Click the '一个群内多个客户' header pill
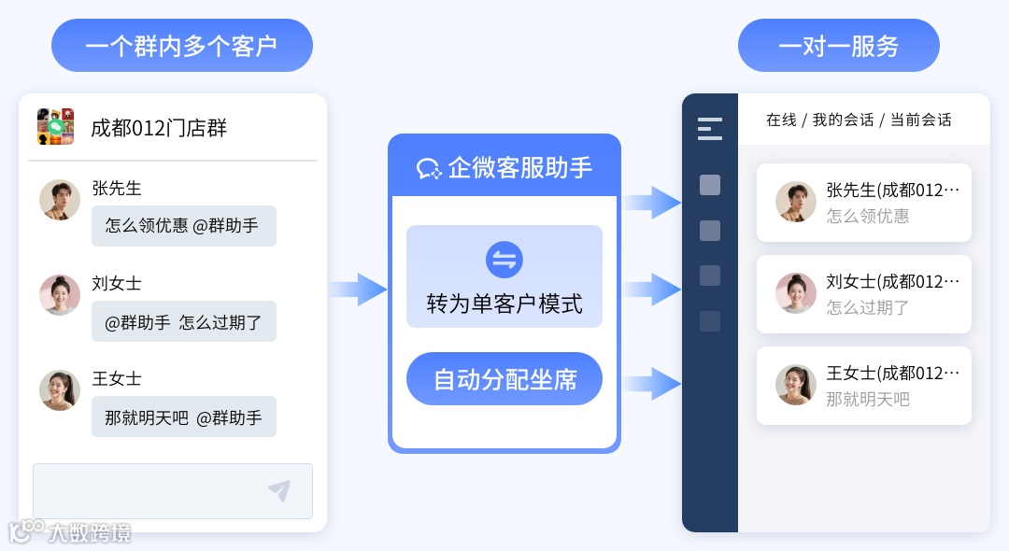[181, 46]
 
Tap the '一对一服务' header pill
[838, 46]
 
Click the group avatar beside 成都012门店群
[56, 127]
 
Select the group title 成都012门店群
[159, 127]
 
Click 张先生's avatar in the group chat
[60, 200]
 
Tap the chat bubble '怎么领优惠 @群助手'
[183, 226]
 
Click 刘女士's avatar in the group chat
[60, 295]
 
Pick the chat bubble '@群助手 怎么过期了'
[183, 321]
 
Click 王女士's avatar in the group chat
[60, 390]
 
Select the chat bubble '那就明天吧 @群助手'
[183, 417]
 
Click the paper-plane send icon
[279, 491]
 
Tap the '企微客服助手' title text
[519, 167]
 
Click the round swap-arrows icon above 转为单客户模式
[504, 260]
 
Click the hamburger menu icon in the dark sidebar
[710, 128]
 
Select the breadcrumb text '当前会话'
[920, 120]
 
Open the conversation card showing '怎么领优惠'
[863, 203]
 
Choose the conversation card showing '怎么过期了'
[863, 294]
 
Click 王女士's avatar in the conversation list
[796, 385]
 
